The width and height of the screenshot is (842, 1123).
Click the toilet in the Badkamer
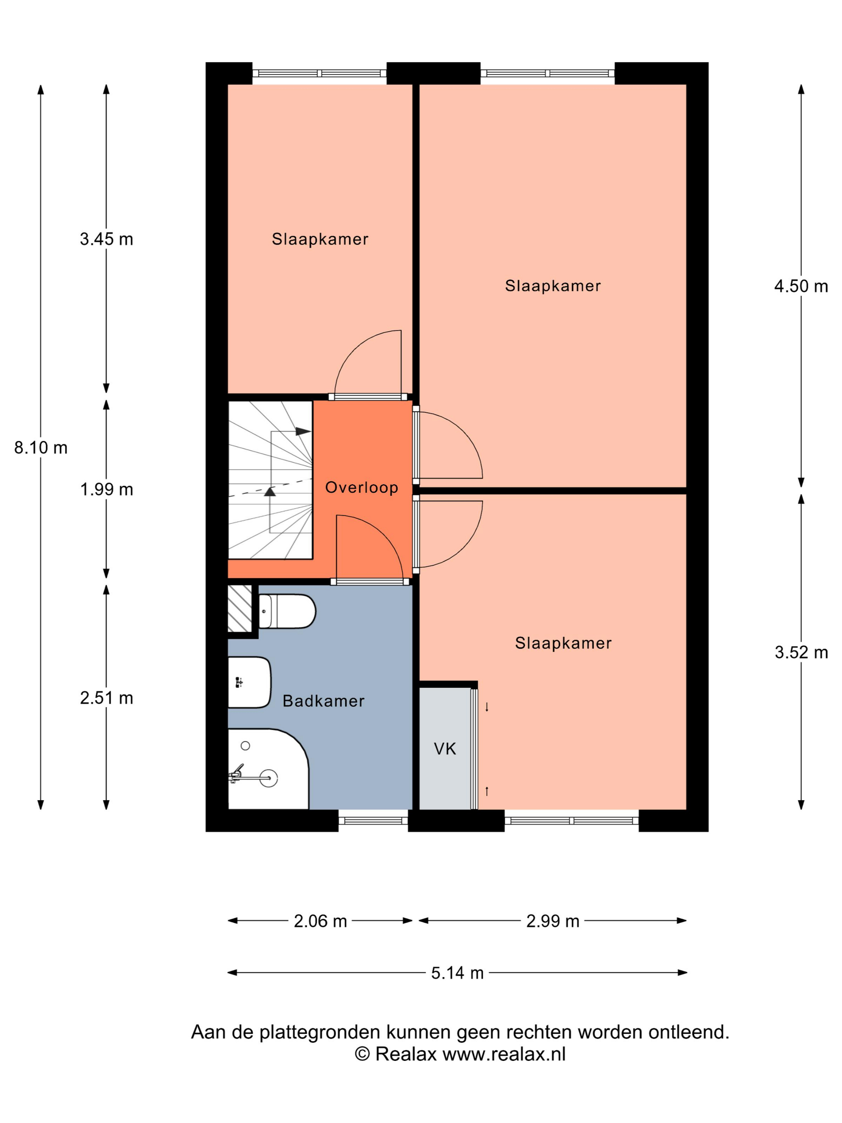point(287,611)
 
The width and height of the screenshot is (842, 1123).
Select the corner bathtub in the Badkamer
point(268,768)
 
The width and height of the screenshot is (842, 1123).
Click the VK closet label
point(445,749)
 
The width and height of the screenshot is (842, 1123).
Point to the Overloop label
point(361,487)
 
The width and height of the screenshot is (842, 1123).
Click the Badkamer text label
point(323,701)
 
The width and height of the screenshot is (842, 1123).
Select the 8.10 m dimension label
point(40,448)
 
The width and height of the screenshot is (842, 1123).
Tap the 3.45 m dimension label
point(107,239)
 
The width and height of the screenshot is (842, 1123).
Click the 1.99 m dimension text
point(107,489)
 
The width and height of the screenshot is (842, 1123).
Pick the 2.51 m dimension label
point(107,698)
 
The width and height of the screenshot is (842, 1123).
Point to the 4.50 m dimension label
point(801,286)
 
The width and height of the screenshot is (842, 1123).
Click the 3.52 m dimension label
point(801,653)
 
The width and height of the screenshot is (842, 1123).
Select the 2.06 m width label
point(320,921)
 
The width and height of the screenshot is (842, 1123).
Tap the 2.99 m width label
point(553,921)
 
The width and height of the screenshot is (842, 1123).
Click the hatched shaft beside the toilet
point(239,608)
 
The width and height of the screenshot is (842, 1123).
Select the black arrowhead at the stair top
point(303,432)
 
